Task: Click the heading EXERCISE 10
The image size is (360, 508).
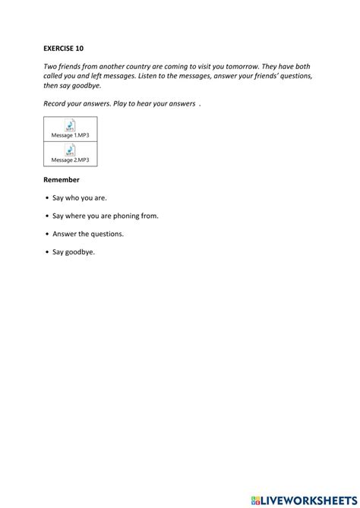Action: (64, 47)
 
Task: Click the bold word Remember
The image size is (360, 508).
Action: (62, 180)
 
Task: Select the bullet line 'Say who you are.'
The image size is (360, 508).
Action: (78, 198)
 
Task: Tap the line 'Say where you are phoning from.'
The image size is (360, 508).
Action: (105, 216)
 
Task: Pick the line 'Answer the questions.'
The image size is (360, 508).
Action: (87, 234)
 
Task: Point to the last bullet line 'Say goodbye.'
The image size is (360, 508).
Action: (74, 251)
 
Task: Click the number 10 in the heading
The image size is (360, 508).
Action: (79, 47)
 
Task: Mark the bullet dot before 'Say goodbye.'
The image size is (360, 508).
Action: (47, 252)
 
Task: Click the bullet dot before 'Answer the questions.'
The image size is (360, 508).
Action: (47, 234)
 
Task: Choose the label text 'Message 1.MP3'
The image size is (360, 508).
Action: (70, 134)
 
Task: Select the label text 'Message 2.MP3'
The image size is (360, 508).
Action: (70, 160)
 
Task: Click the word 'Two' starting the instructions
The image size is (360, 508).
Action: (50, 66)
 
